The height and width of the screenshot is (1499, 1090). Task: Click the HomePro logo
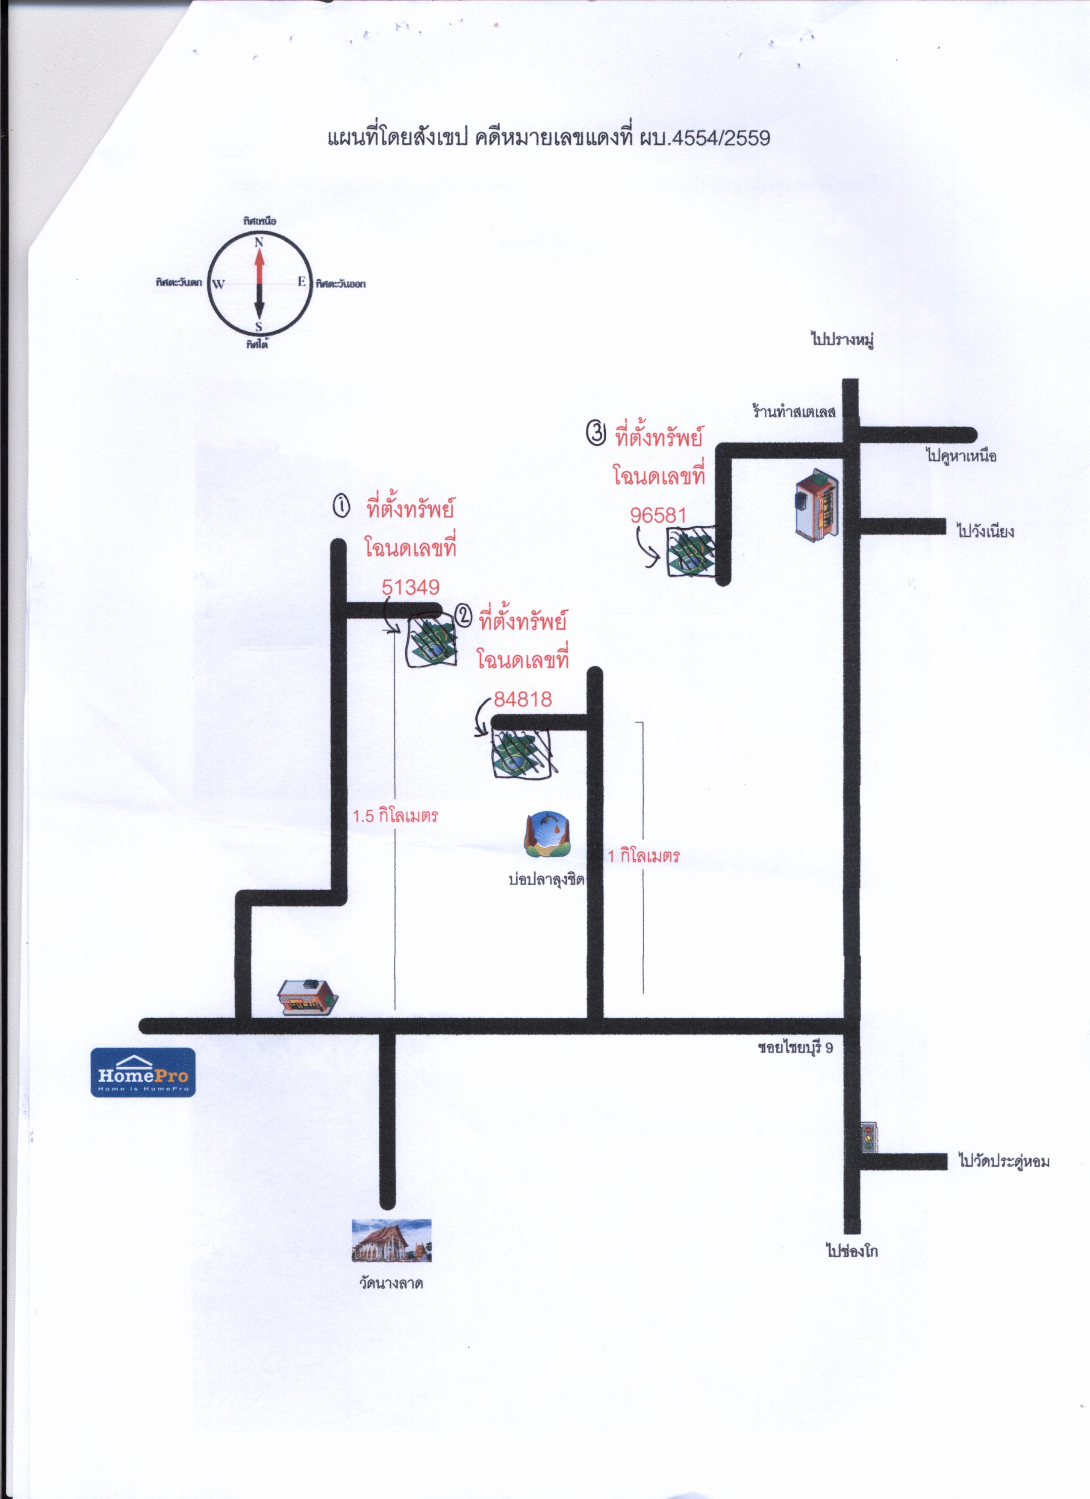point(143,1072)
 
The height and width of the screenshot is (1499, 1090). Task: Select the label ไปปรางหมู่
point(843,340)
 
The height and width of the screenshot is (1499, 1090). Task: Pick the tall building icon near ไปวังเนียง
point(818,503)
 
